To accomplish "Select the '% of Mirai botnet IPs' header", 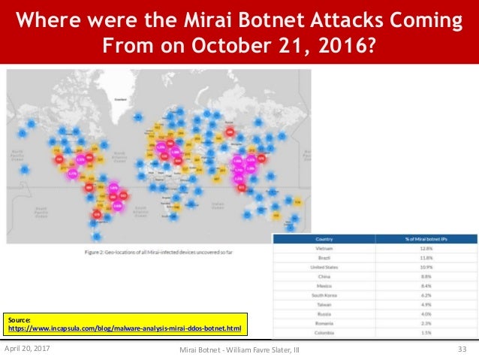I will point(427,238).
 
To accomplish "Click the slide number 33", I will point(462,349).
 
